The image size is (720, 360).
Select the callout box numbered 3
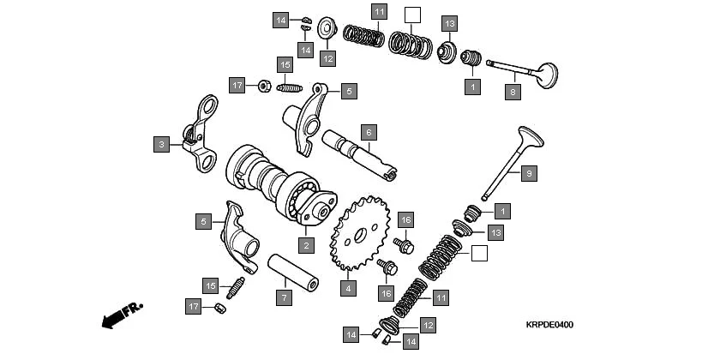point(161,145)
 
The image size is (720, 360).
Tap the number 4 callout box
point(347,289)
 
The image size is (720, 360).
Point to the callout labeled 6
point(367,132)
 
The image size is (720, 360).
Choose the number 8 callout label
point(513,93)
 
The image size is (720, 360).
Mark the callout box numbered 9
point(529,173)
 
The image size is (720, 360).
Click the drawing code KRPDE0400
point(549,326)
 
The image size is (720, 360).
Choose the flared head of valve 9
point(529,137)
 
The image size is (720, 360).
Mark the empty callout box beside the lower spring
point(479,253)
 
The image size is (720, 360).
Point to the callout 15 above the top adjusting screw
point(285,64)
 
